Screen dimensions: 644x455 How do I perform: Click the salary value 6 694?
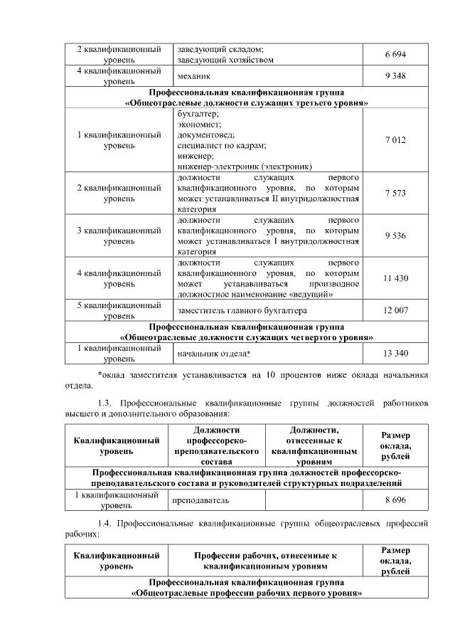[x=395, y=55]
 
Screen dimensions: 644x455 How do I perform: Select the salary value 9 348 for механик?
[x=395, y=76]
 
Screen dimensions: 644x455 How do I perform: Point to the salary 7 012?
[x=395, y=140]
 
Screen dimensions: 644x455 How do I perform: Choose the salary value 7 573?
[x=395, y=193]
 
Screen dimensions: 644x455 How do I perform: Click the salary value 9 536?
[x=395, y=236]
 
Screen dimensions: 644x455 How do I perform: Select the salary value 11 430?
[x=395, y=278]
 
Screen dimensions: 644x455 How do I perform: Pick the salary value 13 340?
[x=395, y=354]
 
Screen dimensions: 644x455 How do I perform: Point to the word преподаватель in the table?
[x=200, y=500]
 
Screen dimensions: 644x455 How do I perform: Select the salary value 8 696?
[x=395, y=500]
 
